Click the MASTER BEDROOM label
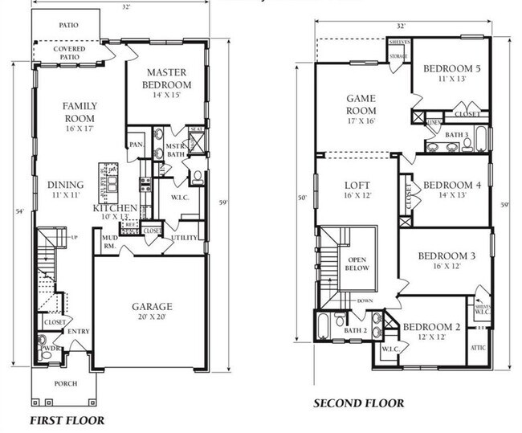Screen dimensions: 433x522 (x=166, y=79)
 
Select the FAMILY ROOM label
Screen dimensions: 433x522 (x=80, y=112)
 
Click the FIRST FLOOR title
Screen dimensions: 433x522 (x=67, y=419)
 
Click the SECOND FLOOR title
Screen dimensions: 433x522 (x=358, y=402)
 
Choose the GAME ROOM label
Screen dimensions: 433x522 (x=361, y=104)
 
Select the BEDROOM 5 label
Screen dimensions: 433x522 (x=453, y=69)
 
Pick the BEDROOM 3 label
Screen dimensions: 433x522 (x=447, y=256)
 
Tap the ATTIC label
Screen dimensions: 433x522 (x=478, y=348)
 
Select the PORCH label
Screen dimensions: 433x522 (x=67, y=383)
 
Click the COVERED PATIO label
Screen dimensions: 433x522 (x=69, y=54)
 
